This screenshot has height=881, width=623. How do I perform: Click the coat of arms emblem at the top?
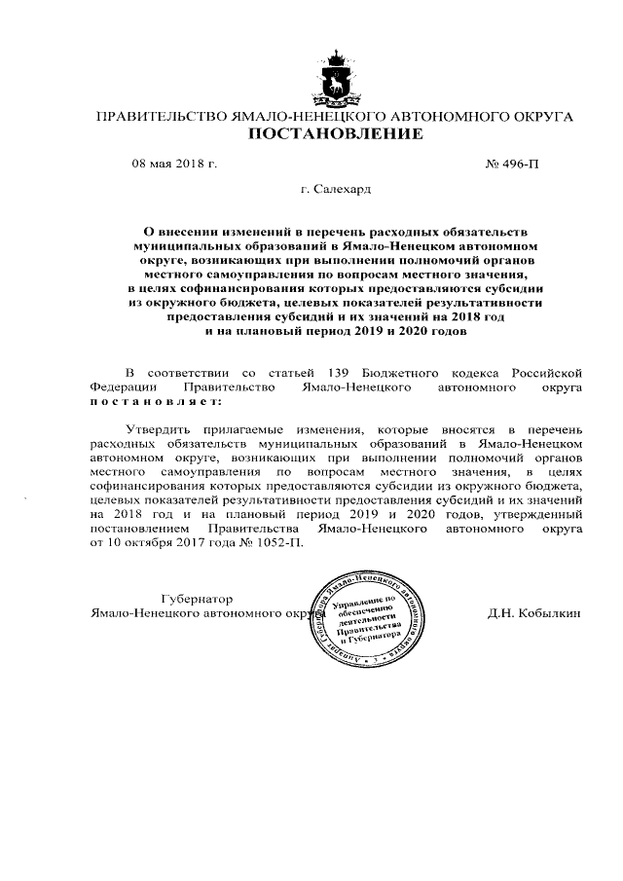coord(336,76)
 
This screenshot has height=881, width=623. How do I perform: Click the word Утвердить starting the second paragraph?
coord(161,429)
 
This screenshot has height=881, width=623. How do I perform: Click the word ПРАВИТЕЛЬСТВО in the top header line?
coord(161,117)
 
